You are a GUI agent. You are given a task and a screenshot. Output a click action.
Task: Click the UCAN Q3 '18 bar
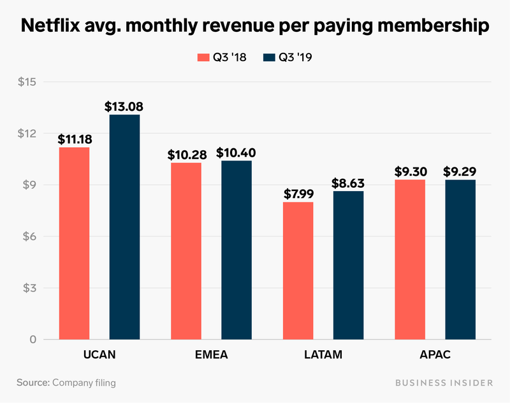click(74, 243)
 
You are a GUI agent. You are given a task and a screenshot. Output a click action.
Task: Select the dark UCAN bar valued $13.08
click(124, 227)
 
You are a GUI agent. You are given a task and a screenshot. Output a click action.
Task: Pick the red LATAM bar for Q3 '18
click(298, 271)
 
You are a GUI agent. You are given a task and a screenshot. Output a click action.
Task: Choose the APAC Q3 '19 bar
click(460, 259)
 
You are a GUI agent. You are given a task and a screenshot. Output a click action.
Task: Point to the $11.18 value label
click(74, 139)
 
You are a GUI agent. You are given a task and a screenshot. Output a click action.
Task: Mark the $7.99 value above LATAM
click(298, 194)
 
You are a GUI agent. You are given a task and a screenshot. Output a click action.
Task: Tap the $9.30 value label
click(411, 172)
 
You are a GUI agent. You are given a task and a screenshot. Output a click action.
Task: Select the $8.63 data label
click(347, 183)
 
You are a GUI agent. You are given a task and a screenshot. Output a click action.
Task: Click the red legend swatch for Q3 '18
click(202, 57)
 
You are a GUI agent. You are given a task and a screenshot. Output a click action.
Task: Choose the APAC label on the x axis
click(435, 354)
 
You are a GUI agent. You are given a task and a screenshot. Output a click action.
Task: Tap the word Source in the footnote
click(32, 383)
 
